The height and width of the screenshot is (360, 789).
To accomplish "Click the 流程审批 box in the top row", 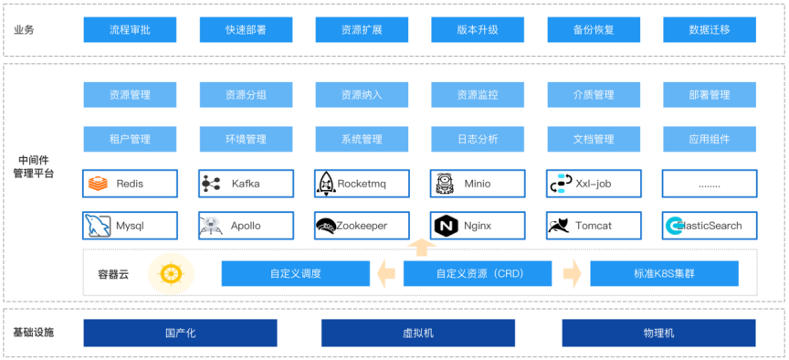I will coord(130,30).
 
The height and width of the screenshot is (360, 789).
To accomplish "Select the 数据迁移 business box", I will coord(710,30).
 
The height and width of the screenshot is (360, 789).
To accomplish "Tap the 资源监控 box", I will coord(478,95).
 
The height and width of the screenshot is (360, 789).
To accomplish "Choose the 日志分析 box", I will coord(478,140).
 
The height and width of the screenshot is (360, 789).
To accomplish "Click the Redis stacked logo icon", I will coord(98,184).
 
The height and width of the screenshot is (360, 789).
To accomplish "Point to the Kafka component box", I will coord(246,184).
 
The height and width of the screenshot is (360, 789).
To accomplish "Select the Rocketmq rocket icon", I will coord(325,184).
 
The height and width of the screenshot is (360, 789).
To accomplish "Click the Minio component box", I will coord(478,184).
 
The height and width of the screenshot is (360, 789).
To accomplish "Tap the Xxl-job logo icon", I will coord(560,184).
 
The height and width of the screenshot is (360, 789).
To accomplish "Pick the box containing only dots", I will coord(710,184).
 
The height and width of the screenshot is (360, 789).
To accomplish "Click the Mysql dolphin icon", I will coord(97,225).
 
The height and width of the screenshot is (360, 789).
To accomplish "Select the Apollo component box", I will coord(246,226).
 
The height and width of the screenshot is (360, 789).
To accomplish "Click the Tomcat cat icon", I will coord(560,226).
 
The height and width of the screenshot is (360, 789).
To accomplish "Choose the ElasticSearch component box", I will coord(710,226).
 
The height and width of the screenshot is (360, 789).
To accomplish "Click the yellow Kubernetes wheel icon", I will coord(167,272).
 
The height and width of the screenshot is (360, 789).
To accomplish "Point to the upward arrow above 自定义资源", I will coord(420,246).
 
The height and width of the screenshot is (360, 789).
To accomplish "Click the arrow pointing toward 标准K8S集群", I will coord(572,273).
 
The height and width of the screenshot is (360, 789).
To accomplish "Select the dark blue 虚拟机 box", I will coord(418,333).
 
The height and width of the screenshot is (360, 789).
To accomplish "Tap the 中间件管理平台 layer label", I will coord(33,165).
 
